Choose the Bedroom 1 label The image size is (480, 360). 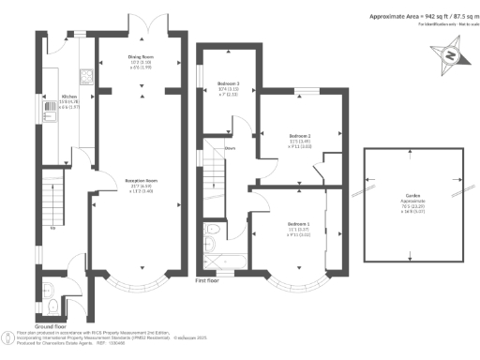[x=299, y=226]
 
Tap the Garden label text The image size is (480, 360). [x=413, y=195]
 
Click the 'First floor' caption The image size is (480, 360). [x=209, y=280]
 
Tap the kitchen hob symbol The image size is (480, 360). [x=85, y=77]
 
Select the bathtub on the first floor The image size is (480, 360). [x=215, y=252]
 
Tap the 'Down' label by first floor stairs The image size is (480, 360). [x=228, y=148]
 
